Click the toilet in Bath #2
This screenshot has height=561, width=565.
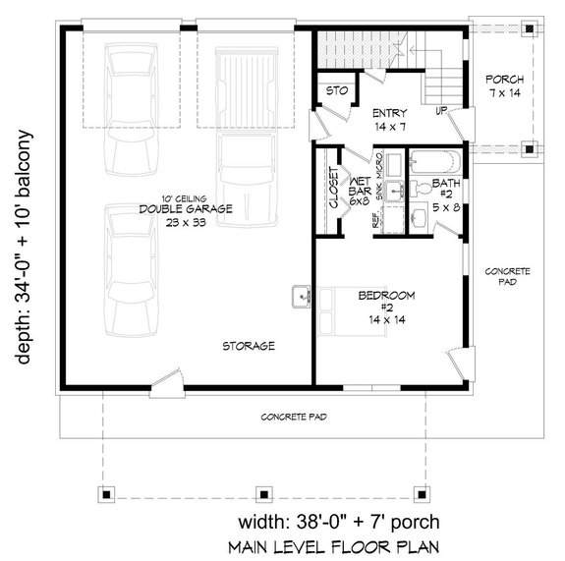click(x=416, y=215)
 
